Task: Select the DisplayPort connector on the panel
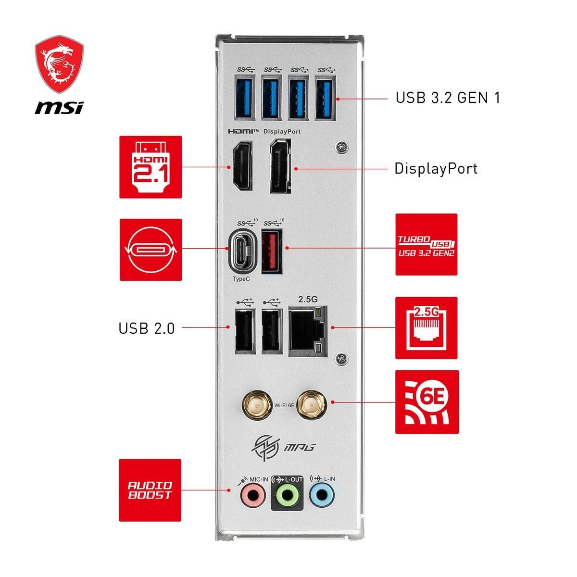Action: click(x=280, y=166)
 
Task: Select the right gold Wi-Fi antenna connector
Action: click(x=311, y=405)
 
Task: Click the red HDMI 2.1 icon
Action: click(x=151, y=166)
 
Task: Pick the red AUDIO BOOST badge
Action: click(x=150, y=490)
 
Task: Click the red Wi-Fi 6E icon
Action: click(x=426, y=401)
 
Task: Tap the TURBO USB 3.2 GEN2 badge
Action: click(x=426, y=245)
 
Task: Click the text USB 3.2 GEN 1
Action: click(x=448, y=98)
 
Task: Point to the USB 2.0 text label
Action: click(x=147, y=329)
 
